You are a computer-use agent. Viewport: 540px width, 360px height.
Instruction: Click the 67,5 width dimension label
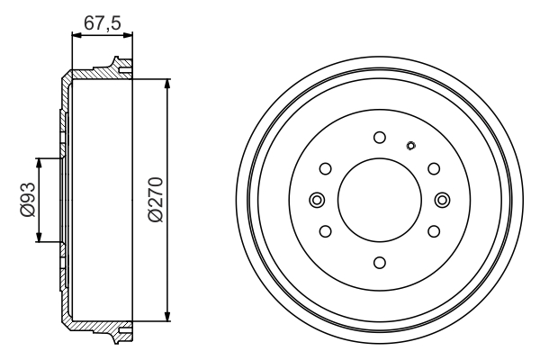103,23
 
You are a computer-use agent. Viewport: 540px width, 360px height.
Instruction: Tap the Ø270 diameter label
155,200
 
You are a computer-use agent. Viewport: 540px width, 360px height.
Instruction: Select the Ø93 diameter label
28,200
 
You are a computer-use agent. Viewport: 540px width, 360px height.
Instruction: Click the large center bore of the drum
380,200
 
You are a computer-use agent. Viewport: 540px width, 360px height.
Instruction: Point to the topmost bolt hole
380,138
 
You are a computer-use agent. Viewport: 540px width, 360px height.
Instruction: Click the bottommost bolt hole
380,263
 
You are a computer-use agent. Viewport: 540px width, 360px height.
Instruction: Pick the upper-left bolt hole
326,169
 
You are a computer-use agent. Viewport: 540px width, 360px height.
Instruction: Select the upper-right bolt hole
434,169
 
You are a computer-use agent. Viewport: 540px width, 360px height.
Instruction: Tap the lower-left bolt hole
326,231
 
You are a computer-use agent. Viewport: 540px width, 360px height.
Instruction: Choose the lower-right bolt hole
434,231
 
